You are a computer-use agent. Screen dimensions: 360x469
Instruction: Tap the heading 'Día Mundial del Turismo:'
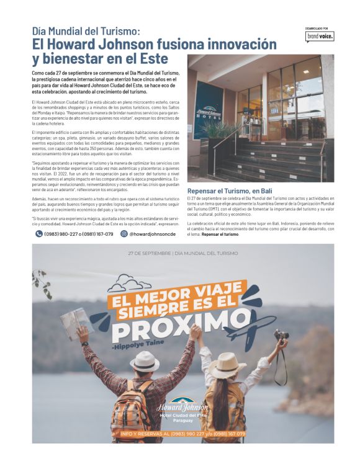[86, 30]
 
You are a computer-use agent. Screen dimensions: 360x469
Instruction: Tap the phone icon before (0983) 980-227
[38, 234]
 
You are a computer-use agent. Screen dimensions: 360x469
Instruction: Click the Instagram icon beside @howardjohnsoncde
[124, 234]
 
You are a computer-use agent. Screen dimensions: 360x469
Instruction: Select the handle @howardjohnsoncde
[151, 234]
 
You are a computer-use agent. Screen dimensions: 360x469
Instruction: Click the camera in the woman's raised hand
[281, 336]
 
